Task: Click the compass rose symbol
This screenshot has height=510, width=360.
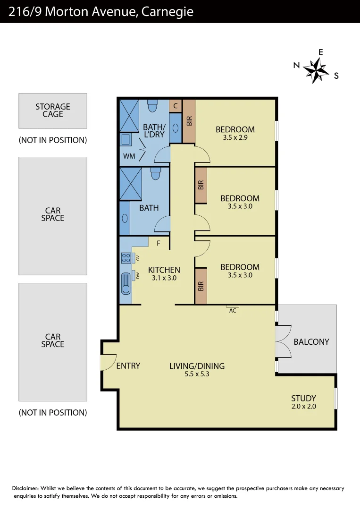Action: pos(316,70)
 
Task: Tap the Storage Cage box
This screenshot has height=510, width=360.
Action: pos(53,110)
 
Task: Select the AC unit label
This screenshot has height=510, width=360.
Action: pos(233,310)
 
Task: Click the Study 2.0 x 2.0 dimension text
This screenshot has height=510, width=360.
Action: pos(303,407)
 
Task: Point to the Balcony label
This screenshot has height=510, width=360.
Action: pos(311,342)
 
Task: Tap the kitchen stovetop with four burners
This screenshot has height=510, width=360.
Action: pos(126,258)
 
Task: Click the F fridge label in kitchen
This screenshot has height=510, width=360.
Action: pos(159,244)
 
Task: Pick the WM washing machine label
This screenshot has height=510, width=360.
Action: pos(129,156)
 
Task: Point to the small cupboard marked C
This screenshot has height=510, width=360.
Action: pos(176,106)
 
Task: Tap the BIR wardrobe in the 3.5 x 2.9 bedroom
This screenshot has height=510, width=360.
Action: pos(189,121)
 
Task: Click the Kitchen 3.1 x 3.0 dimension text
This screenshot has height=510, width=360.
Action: pos(164,278)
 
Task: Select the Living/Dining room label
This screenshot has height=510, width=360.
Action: pos(197,366)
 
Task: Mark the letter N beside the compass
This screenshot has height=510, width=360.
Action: pos(296,66)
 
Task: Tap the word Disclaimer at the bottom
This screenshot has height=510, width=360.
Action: pos(27,488)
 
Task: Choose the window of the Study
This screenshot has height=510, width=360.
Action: pos(336,398)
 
